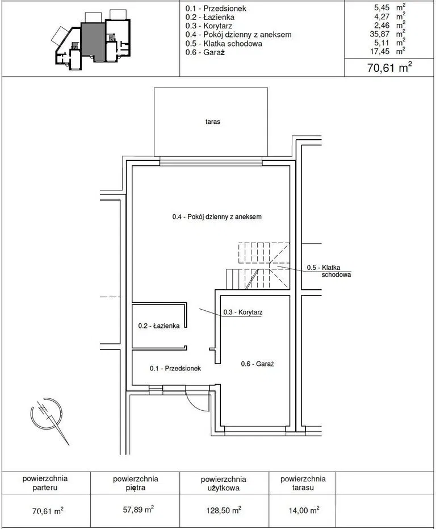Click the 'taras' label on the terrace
coord(212,122)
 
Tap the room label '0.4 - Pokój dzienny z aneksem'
coord(217,216)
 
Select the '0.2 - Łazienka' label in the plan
coord(159,326)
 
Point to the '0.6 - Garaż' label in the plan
coord(257,364)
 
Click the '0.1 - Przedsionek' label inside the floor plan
coord(175,368)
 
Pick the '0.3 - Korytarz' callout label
coord(243,312)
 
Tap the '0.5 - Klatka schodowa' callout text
coord(329,271)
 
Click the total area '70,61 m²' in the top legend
coord(389,68)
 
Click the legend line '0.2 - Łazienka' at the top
coord(209,17)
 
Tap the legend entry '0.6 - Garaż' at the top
coord(205,52)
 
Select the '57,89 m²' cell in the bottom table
coord(139,509)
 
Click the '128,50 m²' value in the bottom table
coord(224,510)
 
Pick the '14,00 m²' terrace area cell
coord(304,510)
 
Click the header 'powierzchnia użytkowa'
coord(224,484)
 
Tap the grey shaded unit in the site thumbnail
coord(93,40)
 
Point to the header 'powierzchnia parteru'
coord(45,483)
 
